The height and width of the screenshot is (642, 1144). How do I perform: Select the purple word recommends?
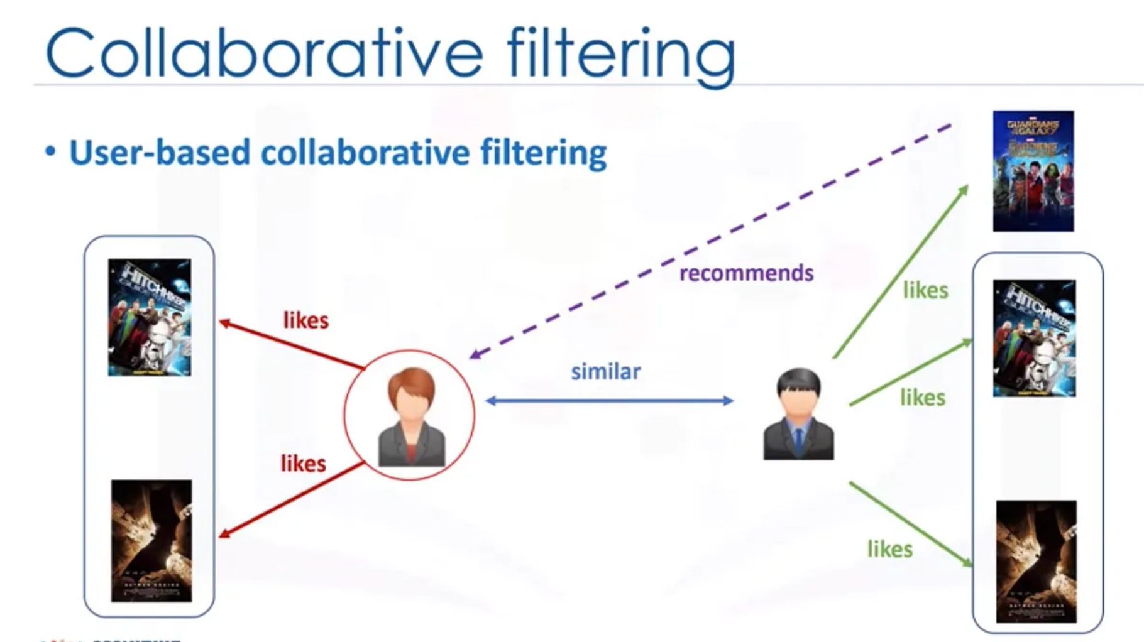(746, 273)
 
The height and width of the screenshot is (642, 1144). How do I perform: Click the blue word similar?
(605, 372)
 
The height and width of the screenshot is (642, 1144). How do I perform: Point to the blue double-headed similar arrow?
(609, 401)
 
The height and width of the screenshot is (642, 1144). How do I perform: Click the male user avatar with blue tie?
(798, 415)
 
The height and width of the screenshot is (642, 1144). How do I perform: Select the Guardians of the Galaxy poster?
(1033, 171)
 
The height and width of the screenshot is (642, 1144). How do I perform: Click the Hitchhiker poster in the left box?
(150, 317)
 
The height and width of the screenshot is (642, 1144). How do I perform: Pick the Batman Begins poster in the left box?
(151, 541)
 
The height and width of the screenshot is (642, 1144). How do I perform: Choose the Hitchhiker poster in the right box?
(1034, 338)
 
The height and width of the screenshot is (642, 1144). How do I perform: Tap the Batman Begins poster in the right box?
(1036, 562)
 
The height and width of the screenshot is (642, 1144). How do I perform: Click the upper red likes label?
(305, 320)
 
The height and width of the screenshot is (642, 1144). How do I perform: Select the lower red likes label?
(303, 464)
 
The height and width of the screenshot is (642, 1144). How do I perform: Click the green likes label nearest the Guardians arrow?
(925, 290)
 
